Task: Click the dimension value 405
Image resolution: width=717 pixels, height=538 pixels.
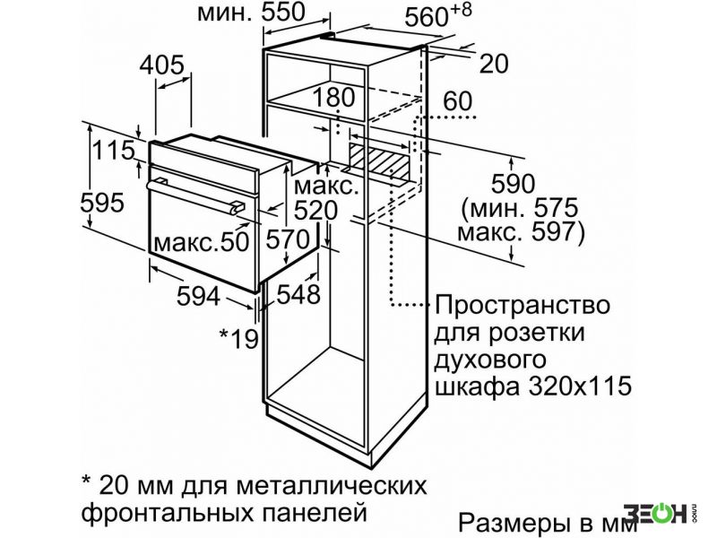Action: (162, 65)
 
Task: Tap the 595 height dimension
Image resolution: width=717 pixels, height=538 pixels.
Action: (102, 203)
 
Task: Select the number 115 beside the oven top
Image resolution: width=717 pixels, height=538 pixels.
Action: (114, 150)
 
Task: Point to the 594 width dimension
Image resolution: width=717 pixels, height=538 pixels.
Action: (198, 297)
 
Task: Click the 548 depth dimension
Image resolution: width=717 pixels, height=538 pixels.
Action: (298, 294)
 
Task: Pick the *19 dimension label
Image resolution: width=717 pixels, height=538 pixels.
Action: (239, 339)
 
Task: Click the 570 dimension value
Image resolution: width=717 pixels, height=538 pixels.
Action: (288, 239)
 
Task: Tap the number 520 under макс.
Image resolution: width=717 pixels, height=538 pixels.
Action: (315, 211)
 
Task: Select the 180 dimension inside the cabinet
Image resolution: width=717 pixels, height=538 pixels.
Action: (334, 98)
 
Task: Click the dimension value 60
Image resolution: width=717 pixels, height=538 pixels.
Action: (458, 101)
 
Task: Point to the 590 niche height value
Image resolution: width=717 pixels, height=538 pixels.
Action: (513, 184)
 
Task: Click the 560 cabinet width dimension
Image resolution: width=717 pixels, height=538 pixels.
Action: (427, 18)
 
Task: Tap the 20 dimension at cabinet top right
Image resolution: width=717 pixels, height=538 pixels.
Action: (494, 64)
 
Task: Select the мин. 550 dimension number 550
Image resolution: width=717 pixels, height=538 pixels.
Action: (283, 13)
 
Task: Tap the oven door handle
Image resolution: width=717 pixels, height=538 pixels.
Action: (195, 195)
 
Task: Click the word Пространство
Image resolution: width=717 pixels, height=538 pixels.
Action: (522, 305)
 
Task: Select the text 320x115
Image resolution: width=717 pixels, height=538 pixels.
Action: (580, 386)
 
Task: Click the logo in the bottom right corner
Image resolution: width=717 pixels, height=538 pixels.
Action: (660, 514)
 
